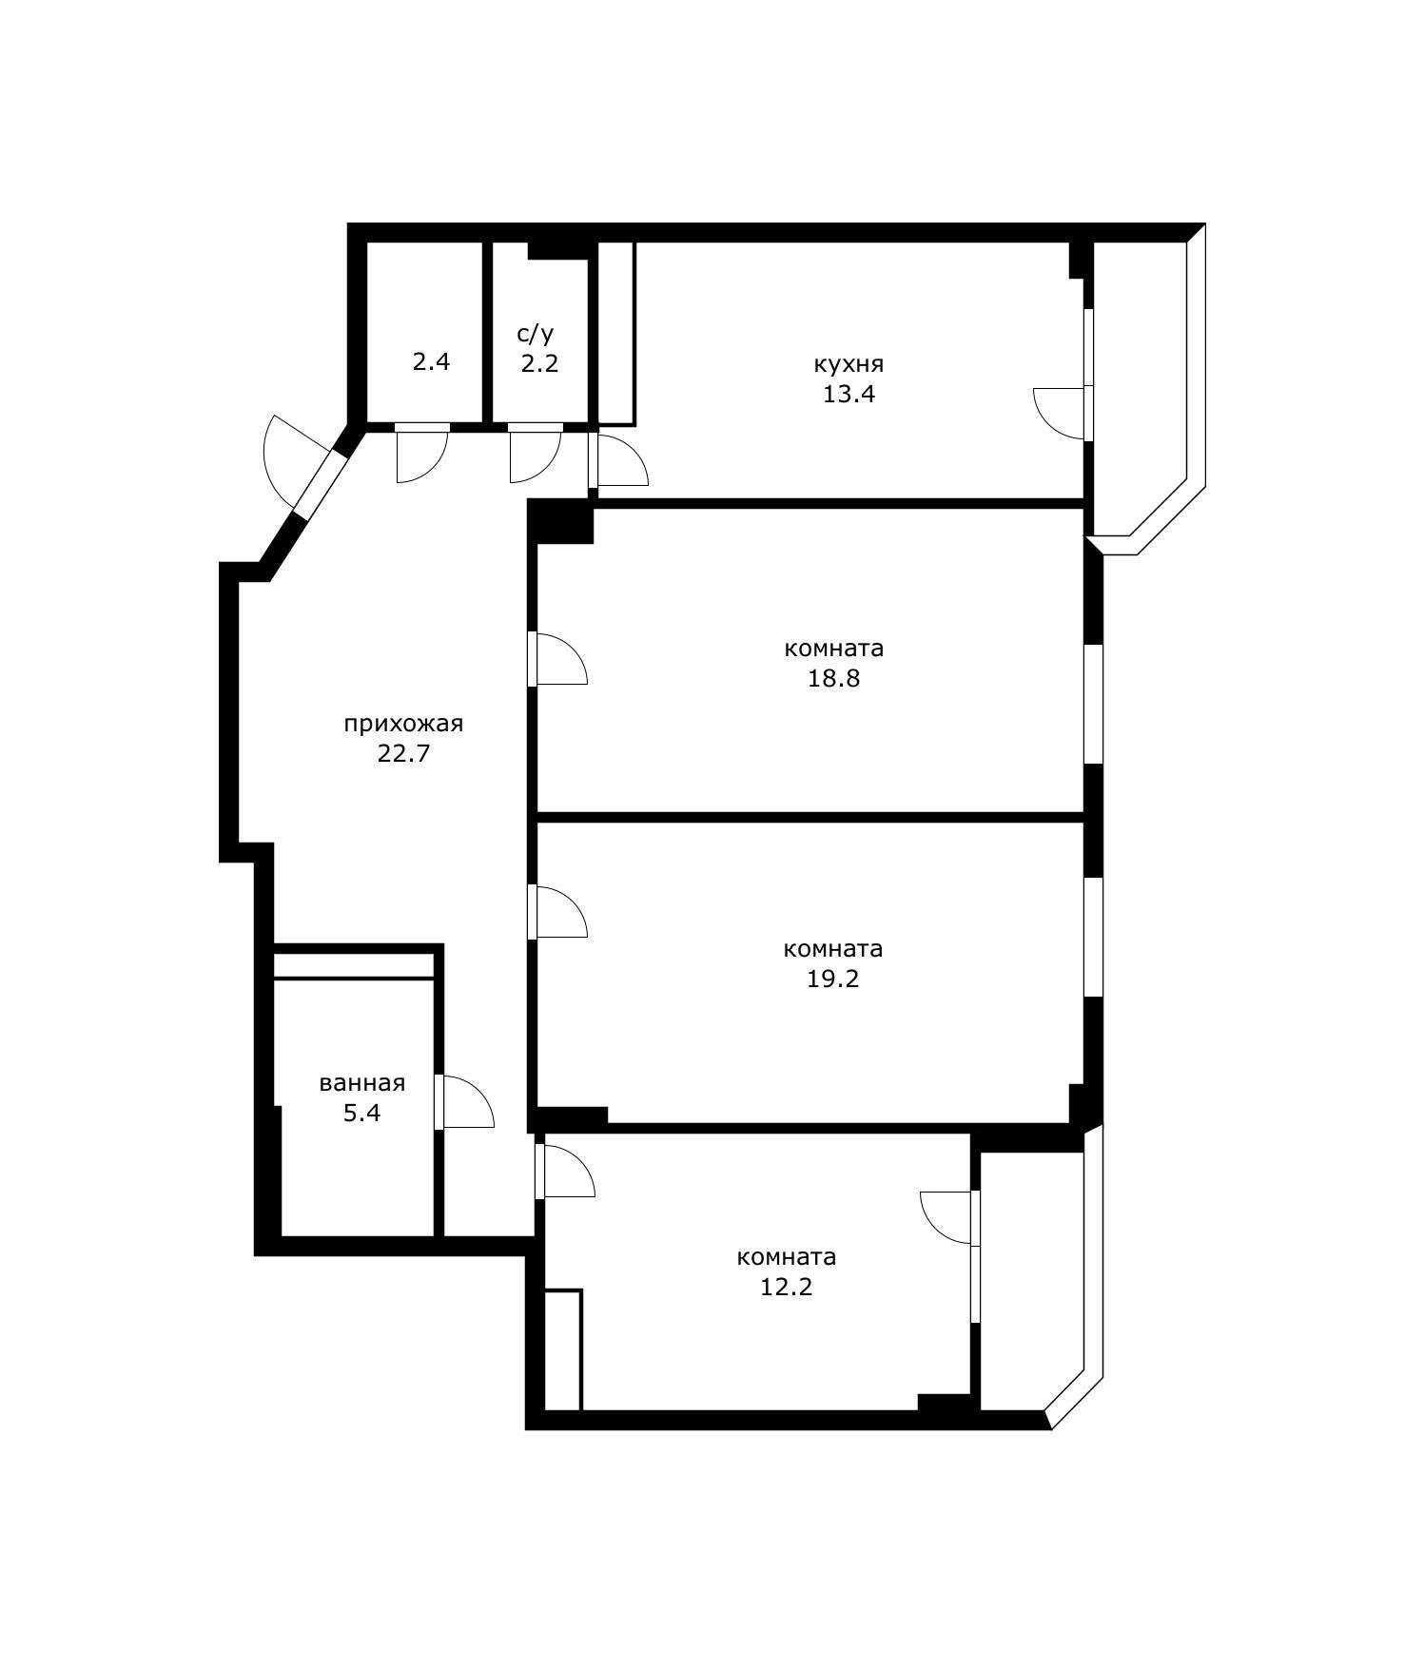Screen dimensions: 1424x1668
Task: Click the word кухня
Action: coord(849,364)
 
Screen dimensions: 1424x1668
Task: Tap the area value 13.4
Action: coord(849,394)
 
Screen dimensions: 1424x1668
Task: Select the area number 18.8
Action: coord(833,678)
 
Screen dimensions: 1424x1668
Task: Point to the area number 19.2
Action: coord(833,979)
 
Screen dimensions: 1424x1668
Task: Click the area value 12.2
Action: coord(787,1287)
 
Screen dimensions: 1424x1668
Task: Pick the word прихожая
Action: coord(403,725)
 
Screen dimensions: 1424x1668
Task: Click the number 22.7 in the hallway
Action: coord(403,754)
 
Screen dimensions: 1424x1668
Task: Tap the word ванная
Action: coord(362,1083)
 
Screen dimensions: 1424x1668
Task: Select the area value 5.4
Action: coord(362,1113)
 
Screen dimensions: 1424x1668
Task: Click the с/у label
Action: coord(535,334)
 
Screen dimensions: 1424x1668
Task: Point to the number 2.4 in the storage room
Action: coord(431,361)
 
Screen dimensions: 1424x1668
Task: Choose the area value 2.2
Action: coord(539,362)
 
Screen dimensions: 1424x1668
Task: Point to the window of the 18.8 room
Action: coord(1094,704)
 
